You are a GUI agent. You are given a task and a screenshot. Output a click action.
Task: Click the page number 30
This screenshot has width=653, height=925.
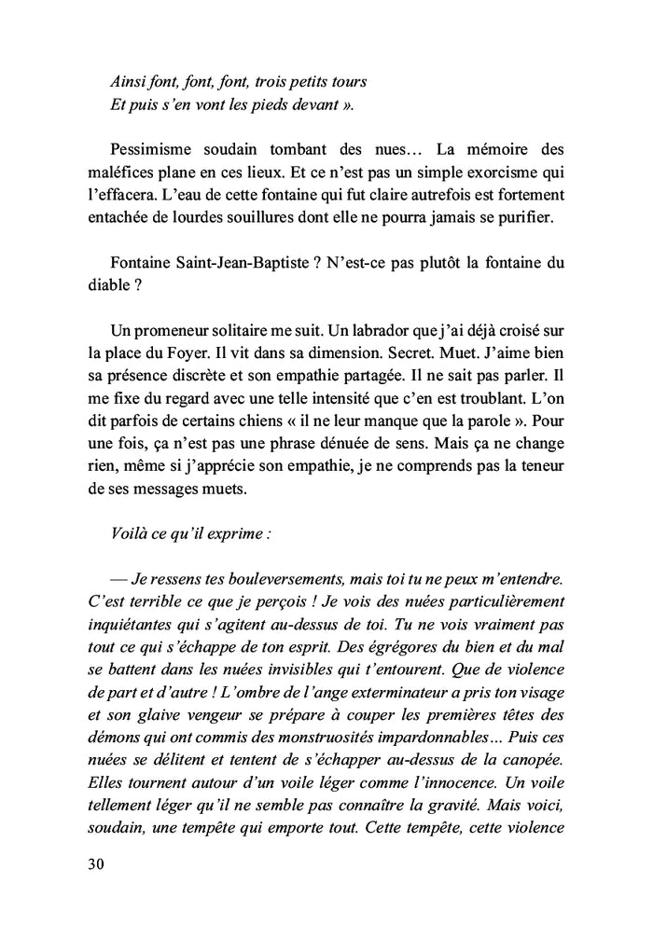(x=94, y=863)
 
